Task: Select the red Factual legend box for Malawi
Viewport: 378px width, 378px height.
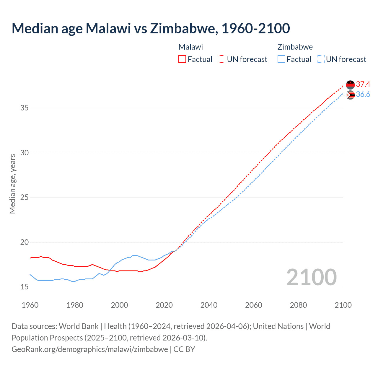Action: click(182, 59)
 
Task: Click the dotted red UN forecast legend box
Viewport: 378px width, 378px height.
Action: click(221, 59)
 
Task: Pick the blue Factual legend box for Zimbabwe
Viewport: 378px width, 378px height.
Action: click(281, 59)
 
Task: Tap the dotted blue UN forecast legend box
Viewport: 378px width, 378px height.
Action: click(321, 59)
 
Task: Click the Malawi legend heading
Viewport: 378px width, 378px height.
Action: click(191, 47)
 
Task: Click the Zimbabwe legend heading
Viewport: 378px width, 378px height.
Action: click(295, 47)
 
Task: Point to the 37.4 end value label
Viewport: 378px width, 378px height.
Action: click(363, 84)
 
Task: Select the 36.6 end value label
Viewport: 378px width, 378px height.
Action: click(363, 94)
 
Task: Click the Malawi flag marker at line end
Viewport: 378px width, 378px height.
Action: click(350, 85)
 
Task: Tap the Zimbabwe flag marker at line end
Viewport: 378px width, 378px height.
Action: click(351, 95)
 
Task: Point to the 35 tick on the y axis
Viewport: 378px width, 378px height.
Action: click(25, 108)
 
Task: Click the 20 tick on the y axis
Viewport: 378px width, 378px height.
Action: click(25, 242)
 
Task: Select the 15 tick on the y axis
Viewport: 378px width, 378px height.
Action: click(25, 287)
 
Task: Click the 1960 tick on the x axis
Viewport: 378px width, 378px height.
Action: click(30, 305)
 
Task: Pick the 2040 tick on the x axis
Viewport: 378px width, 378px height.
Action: click(209, 305)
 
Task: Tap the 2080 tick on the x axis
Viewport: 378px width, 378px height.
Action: click(298, 305)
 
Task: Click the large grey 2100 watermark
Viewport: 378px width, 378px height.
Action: click(312, 277)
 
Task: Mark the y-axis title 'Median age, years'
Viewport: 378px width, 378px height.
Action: click(12, 184)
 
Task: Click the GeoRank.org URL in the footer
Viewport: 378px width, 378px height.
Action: click(90, 349)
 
